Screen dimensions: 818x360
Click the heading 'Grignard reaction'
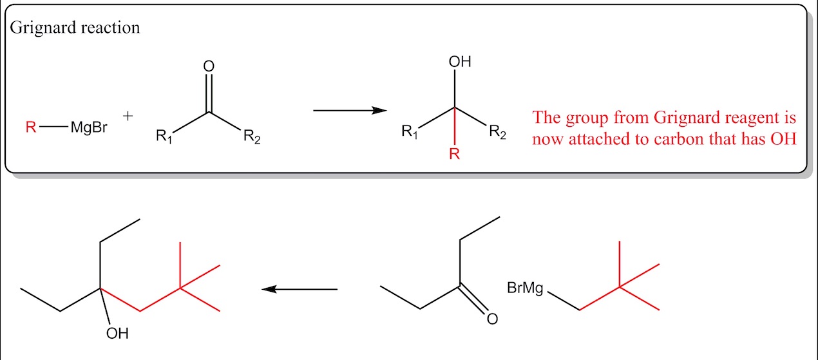pos(75,28)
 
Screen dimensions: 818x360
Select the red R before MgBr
pos(31,127)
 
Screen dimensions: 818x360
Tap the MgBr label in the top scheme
pos(89,127)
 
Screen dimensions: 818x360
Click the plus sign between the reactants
pos(128,116)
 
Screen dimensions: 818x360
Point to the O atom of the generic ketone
pos(209,66)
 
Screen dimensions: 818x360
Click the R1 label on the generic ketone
pos(164,136)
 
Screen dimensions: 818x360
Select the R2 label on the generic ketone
pos(252,137)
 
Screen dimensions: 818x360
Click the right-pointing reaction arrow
pos(350,110)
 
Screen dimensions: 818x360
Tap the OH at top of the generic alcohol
pos(460,62)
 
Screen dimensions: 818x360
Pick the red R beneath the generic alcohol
pos(454,154)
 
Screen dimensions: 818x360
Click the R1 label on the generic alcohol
pos(410,131)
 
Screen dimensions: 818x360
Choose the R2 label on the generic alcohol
pos(497,131)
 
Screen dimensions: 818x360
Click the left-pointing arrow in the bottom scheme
pos(300,290)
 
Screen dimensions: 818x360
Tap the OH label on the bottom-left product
pos(117,334)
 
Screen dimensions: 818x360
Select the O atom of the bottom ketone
pos(492,319)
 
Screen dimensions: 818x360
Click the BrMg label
pos(525,289)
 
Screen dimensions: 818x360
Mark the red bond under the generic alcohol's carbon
pos(455,126)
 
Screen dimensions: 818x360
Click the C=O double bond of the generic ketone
pos(209,93)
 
